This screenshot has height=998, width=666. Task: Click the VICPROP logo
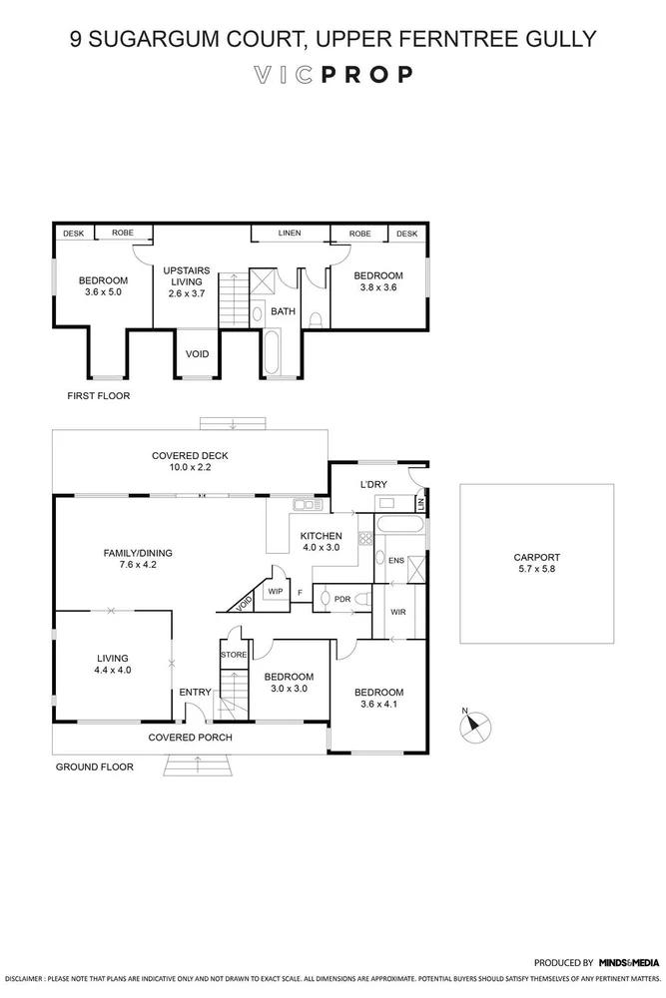click(333, 75)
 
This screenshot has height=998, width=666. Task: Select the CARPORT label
click(536, 558)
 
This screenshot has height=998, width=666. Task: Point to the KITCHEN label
click(322, 536)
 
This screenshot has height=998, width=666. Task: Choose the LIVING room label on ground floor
click(113, 658)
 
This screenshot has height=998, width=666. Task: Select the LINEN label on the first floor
click(290, 234)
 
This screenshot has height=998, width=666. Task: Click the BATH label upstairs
click(283, 311)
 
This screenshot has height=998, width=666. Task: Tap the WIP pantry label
click(275, 591)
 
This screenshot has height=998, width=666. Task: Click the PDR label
click(342, 600)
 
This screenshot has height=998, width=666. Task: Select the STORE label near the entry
click(234, 655)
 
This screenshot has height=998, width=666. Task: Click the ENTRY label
click(194, 693)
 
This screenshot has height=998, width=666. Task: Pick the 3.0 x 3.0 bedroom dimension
click(289, 689)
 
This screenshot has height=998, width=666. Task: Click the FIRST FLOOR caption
click(98, 396)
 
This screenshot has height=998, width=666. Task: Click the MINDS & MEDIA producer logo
click(629, 963)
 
